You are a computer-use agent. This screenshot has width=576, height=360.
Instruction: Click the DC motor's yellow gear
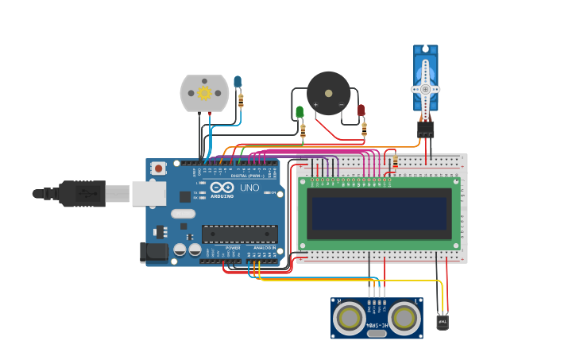[204, 93]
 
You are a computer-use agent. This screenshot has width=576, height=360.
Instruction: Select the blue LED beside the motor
[238, 81]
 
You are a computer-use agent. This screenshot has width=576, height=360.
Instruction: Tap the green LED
[300, 112]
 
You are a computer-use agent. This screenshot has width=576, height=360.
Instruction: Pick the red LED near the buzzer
[361, 110]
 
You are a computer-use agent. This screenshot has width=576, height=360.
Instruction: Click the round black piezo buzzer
[328, 93]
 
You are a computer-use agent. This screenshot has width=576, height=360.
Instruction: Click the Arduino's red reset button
[159, 168]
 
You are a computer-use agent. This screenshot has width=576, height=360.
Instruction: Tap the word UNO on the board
[249, 188]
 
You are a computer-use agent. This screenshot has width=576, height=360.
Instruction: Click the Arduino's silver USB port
[148, 193]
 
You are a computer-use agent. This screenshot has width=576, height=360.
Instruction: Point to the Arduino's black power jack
[154, 253]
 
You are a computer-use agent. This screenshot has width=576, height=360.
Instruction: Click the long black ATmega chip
[239, 234]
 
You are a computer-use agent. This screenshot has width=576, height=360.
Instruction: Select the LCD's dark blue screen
[379, 214]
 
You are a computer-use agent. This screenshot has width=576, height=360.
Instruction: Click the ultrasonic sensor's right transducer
[404, 319]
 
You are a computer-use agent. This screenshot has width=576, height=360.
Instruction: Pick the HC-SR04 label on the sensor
[377, 326]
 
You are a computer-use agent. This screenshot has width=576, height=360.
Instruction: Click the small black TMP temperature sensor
[443, 322]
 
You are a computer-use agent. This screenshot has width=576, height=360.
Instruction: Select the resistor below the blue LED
[241, 102]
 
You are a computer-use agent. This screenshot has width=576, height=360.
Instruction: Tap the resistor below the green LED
[303, 132]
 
